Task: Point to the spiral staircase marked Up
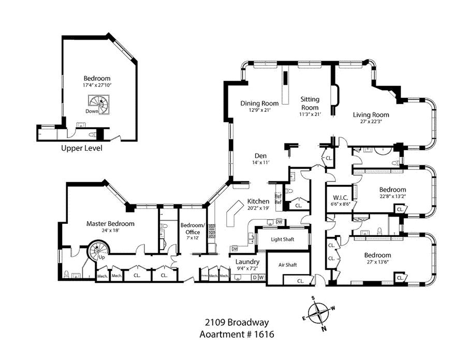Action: (97, 251)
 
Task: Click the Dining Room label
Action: (259, 103)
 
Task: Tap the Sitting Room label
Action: (310, 103)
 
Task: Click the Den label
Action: (260, 155)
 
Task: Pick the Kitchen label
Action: (258, 201)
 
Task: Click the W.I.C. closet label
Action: (340, 197)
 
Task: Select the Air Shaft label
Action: (289, 265)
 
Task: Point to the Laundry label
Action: (243, 262)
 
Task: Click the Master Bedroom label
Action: (110, 224)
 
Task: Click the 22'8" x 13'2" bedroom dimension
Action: (392, 197)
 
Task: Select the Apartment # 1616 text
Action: (237, 334)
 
